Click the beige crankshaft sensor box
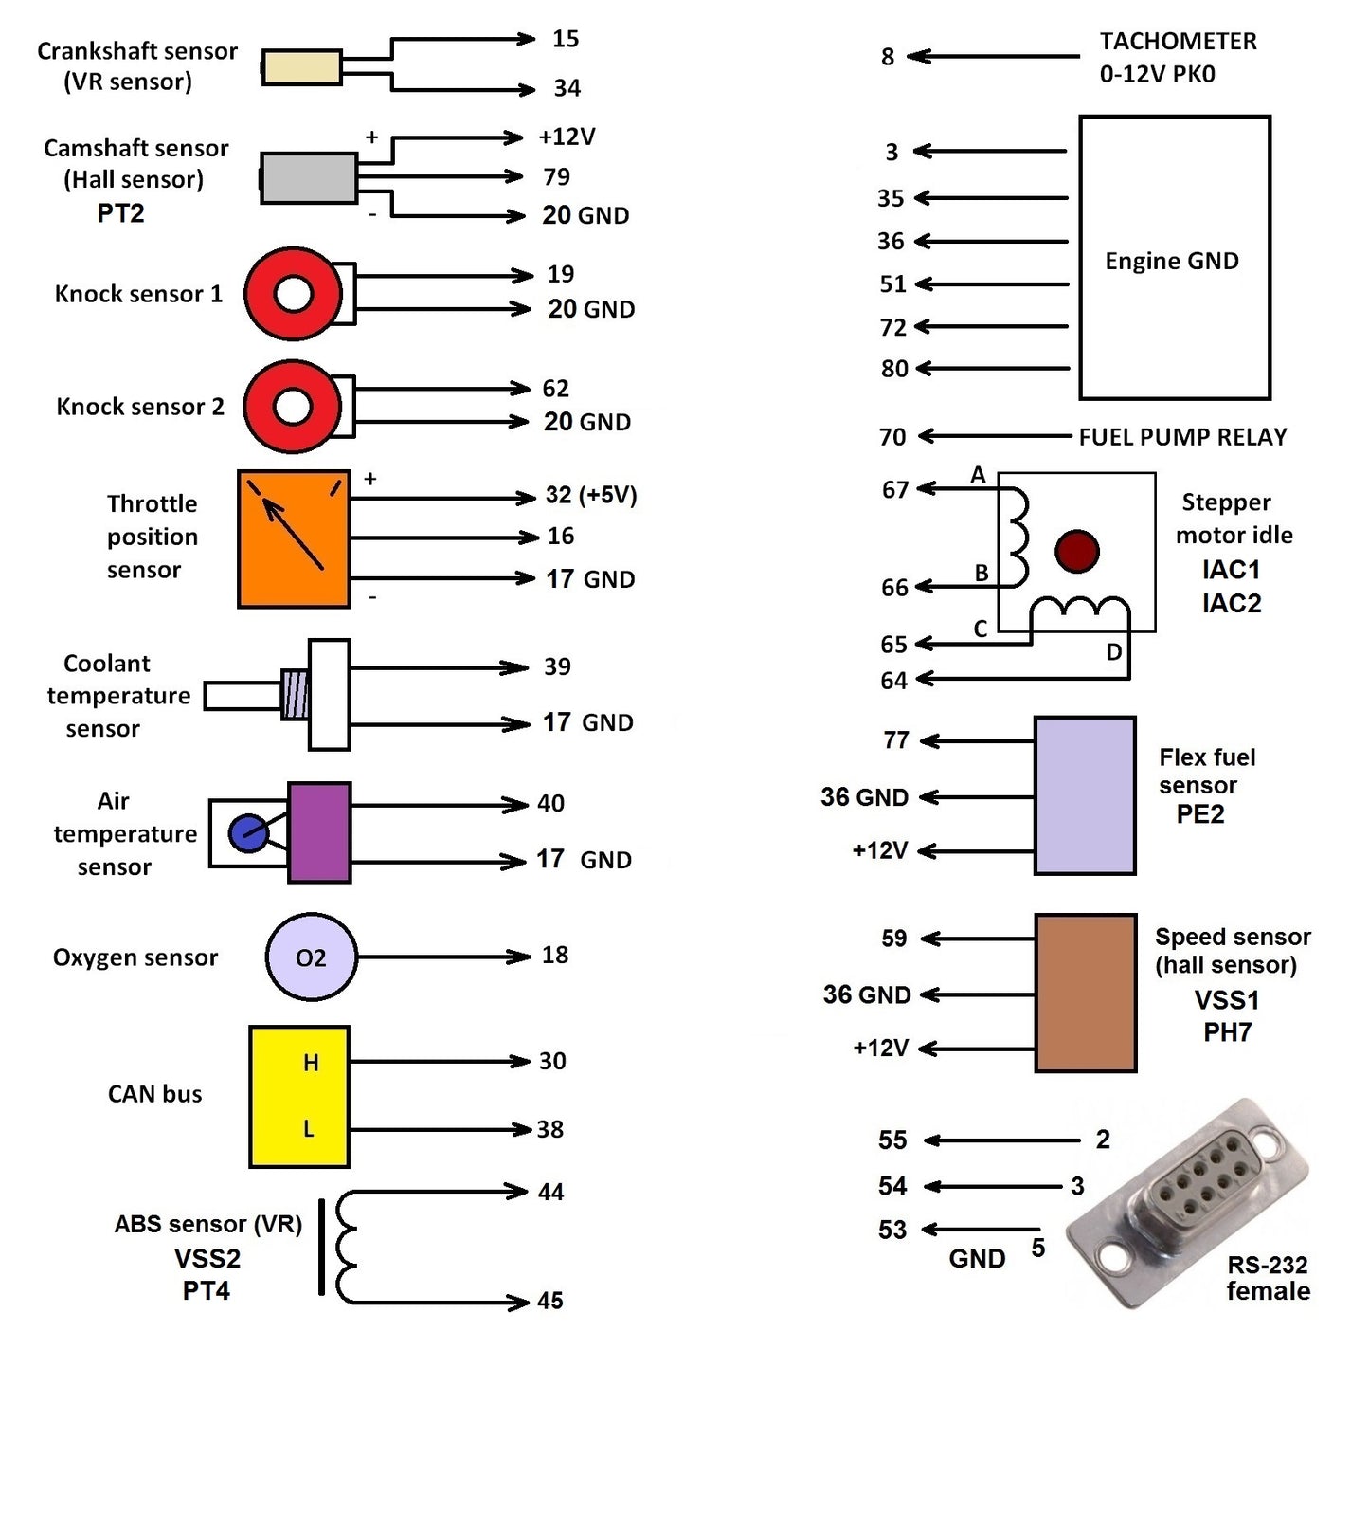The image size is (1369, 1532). point(301,67)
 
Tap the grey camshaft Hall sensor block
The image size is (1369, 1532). point(308,177)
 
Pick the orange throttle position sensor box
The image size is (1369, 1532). point(293,538)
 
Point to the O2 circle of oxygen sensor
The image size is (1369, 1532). point(311,957)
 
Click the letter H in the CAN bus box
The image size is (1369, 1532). point(311,1063)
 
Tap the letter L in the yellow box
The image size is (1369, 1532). point(308,1129)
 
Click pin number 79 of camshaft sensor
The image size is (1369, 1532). point(556,177)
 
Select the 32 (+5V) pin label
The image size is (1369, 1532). point(590,495)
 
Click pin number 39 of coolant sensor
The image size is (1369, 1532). point(557,666)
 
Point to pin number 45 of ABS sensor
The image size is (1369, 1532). point(549,1301)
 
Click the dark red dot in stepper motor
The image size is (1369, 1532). point(1076,551)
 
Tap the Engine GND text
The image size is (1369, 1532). point(1171,261)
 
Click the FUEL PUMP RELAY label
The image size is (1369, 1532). point(1182,437)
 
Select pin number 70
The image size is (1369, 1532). point(892,437)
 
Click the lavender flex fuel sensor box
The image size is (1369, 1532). point(1085,794)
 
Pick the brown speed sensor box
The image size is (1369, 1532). point(1085,993)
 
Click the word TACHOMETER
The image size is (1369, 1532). point(1178,42)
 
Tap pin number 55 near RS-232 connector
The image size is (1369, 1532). point(892,1140)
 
